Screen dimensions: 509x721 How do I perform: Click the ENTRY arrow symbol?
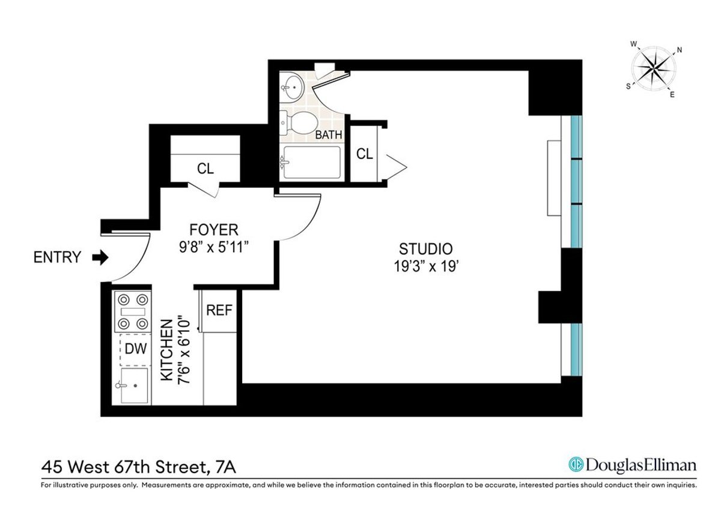(x=100, y=258)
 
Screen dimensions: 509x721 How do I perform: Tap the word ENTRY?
(x=57, y=258)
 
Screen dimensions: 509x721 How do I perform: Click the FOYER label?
(x=214, y=230)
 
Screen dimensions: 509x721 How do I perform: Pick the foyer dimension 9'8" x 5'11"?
(x=214, y=247)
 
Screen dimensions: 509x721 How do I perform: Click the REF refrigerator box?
(x=219, y=310)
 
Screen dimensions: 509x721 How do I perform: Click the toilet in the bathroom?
(x=299, y=122)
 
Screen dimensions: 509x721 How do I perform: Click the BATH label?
(x=329, y=135)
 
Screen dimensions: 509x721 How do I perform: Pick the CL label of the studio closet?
(x=364, y=154)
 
